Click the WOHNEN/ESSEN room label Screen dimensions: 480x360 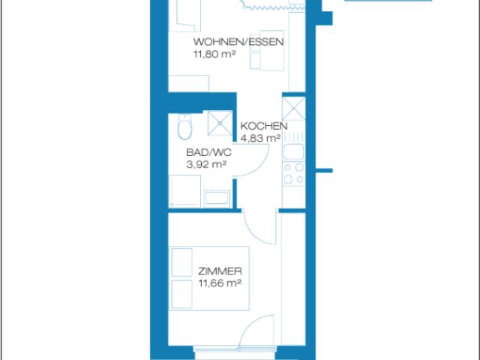click(238, 42)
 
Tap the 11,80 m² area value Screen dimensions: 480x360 click(214, 54)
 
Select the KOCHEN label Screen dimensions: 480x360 click(264, 126)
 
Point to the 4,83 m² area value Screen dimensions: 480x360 click(260, 138)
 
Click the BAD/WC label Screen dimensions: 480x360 click(208, 152)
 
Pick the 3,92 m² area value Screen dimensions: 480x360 click(206, 164)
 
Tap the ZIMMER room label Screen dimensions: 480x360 click(220, 271)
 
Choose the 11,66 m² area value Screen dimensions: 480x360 click(220, 283)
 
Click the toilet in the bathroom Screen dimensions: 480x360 click(184, 127)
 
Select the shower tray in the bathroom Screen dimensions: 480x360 click(220, 123)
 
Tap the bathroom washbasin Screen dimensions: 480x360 click(217, 198)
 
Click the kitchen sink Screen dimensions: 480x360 click(293, 152)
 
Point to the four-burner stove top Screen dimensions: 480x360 click(293, 173)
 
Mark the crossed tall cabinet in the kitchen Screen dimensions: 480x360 click(293, 109)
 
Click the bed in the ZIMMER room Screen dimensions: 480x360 click(209, 278)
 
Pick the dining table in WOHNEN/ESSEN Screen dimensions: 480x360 click(267, 50)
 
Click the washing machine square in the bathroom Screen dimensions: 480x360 click(184, 191)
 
